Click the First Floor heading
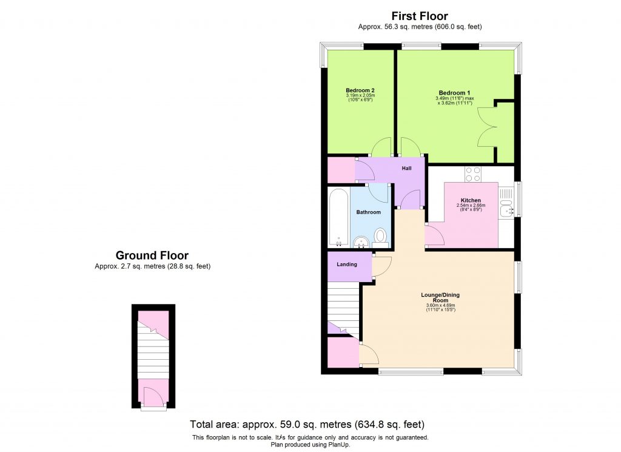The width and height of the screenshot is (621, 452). click(420, 16)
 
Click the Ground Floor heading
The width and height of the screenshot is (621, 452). click(152, 255)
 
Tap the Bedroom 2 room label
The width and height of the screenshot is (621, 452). click(360, 90)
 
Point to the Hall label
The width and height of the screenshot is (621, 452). click(407, 168)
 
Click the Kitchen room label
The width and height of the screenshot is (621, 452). click(471, 200)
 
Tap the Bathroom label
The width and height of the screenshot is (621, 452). click(368, 212)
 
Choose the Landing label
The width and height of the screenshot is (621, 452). click(346, 265)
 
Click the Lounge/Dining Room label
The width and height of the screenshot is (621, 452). click(440, 298)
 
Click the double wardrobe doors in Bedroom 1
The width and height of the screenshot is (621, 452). click(488, 127)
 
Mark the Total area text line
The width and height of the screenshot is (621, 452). click(306, 424)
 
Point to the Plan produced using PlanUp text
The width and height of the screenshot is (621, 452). click(310, 445)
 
